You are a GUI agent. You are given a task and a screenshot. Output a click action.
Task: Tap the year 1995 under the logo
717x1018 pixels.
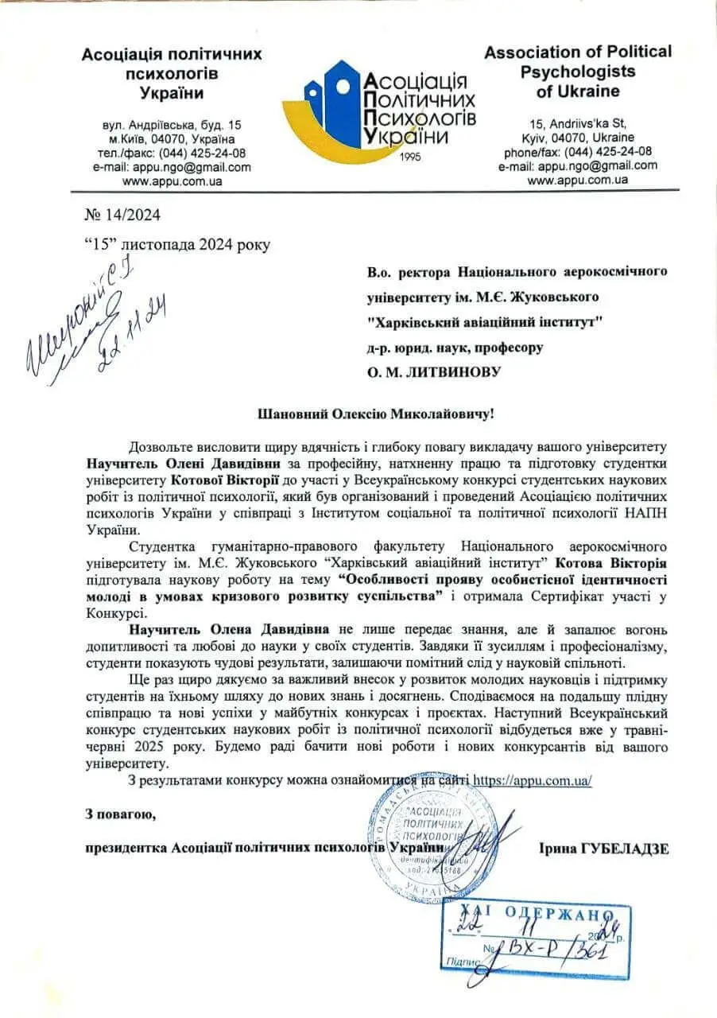coord(409,156)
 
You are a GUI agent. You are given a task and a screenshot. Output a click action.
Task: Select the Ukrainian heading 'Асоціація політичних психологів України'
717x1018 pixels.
coord(172,73)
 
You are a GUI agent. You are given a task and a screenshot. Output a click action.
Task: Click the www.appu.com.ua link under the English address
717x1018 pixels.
coord(578,180)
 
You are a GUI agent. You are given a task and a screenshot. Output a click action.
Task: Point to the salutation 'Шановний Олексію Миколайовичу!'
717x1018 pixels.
coord(376,415)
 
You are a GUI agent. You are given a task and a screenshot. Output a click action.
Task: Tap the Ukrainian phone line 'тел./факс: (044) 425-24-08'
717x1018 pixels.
coord(172,153)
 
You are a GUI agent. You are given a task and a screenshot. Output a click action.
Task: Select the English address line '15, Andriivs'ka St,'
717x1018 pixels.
coord(578,123)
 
